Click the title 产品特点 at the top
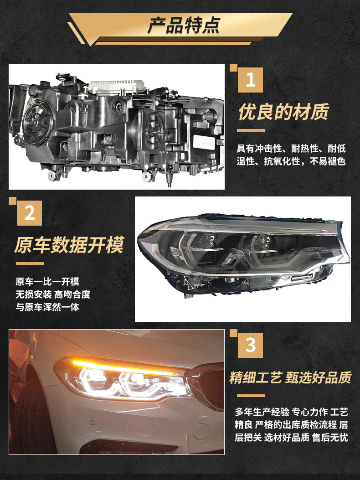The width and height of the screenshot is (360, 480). pos(183,25)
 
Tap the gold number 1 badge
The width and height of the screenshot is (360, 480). pos(251,80)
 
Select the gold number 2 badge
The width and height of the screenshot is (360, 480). pos(29,213)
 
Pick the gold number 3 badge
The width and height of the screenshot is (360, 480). pos(251,346)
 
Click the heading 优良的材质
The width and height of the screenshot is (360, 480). pos(283,112)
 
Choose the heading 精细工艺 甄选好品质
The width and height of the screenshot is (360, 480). pos(290,378)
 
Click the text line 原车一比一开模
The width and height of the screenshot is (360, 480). pos(47,281)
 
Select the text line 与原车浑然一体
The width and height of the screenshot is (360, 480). pos(47,307)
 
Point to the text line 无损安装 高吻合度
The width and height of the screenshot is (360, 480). pos(53,294)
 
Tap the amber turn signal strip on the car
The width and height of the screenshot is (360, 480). pos(123,367)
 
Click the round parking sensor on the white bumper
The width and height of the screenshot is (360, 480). pos(93,423)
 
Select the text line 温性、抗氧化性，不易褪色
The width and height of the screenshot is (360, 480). pos(291,161)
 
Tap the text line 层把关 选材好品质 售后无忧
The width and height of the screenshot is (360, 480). pos(292,438)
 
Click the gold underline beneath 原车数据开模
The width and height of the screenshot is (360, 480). pos(30,263)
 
